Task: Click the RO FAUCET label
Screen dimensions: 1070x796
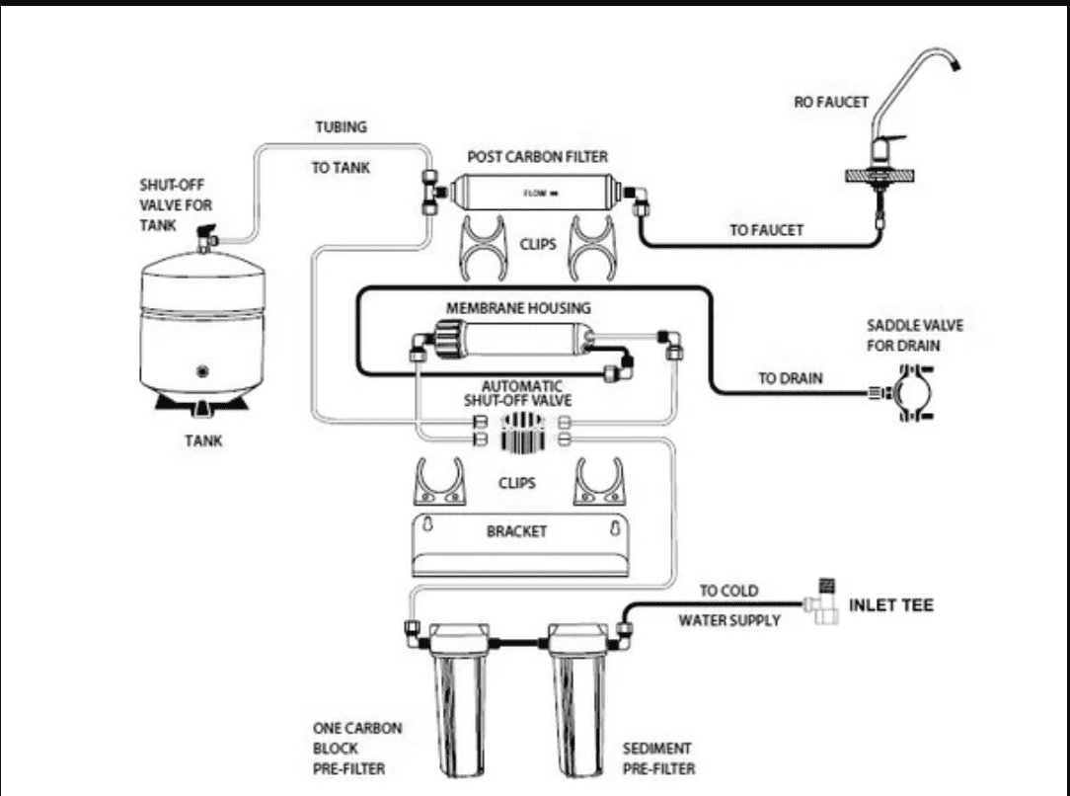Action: pos(830,103)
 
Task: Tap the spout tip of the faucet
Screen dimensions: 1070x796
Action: pos(956,65)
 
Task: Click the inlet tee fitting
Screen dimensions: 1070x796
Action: pos(822,601)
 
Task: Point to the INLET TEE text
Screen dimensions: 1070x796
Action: pos(890,605)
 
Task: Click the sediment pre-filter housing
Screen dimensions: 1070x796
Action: pos(578,700)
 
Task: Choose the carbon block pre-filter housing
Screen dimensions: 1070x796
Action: pos(460,700)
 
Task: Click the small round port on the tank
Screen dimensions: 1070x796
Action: pos(202,372)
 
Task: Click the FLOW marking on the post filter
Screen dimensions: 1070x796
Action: pos(540,194)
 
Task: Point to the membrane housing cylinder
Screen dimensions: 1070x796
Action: pos(513,340)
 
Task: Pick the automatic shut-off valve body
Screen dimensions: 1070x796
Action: pos(522,433)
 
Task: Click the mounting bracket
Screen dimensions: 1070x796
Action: pos(520,545)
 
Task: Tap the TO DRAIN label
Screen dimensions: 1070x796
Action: pos(791,378)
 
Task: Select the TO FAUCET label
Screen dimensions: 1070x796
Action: pos(766,231)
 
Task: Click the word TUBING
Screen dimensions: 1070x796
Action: pos(342,127)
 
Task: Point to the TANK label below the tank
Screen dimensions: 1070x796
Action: pos(203,441)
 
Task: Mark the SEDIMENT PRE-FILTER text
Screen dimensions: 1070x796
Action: pos(658,758)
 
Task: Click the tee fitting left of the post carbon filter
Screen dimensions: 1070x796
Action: pos(430,192)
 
